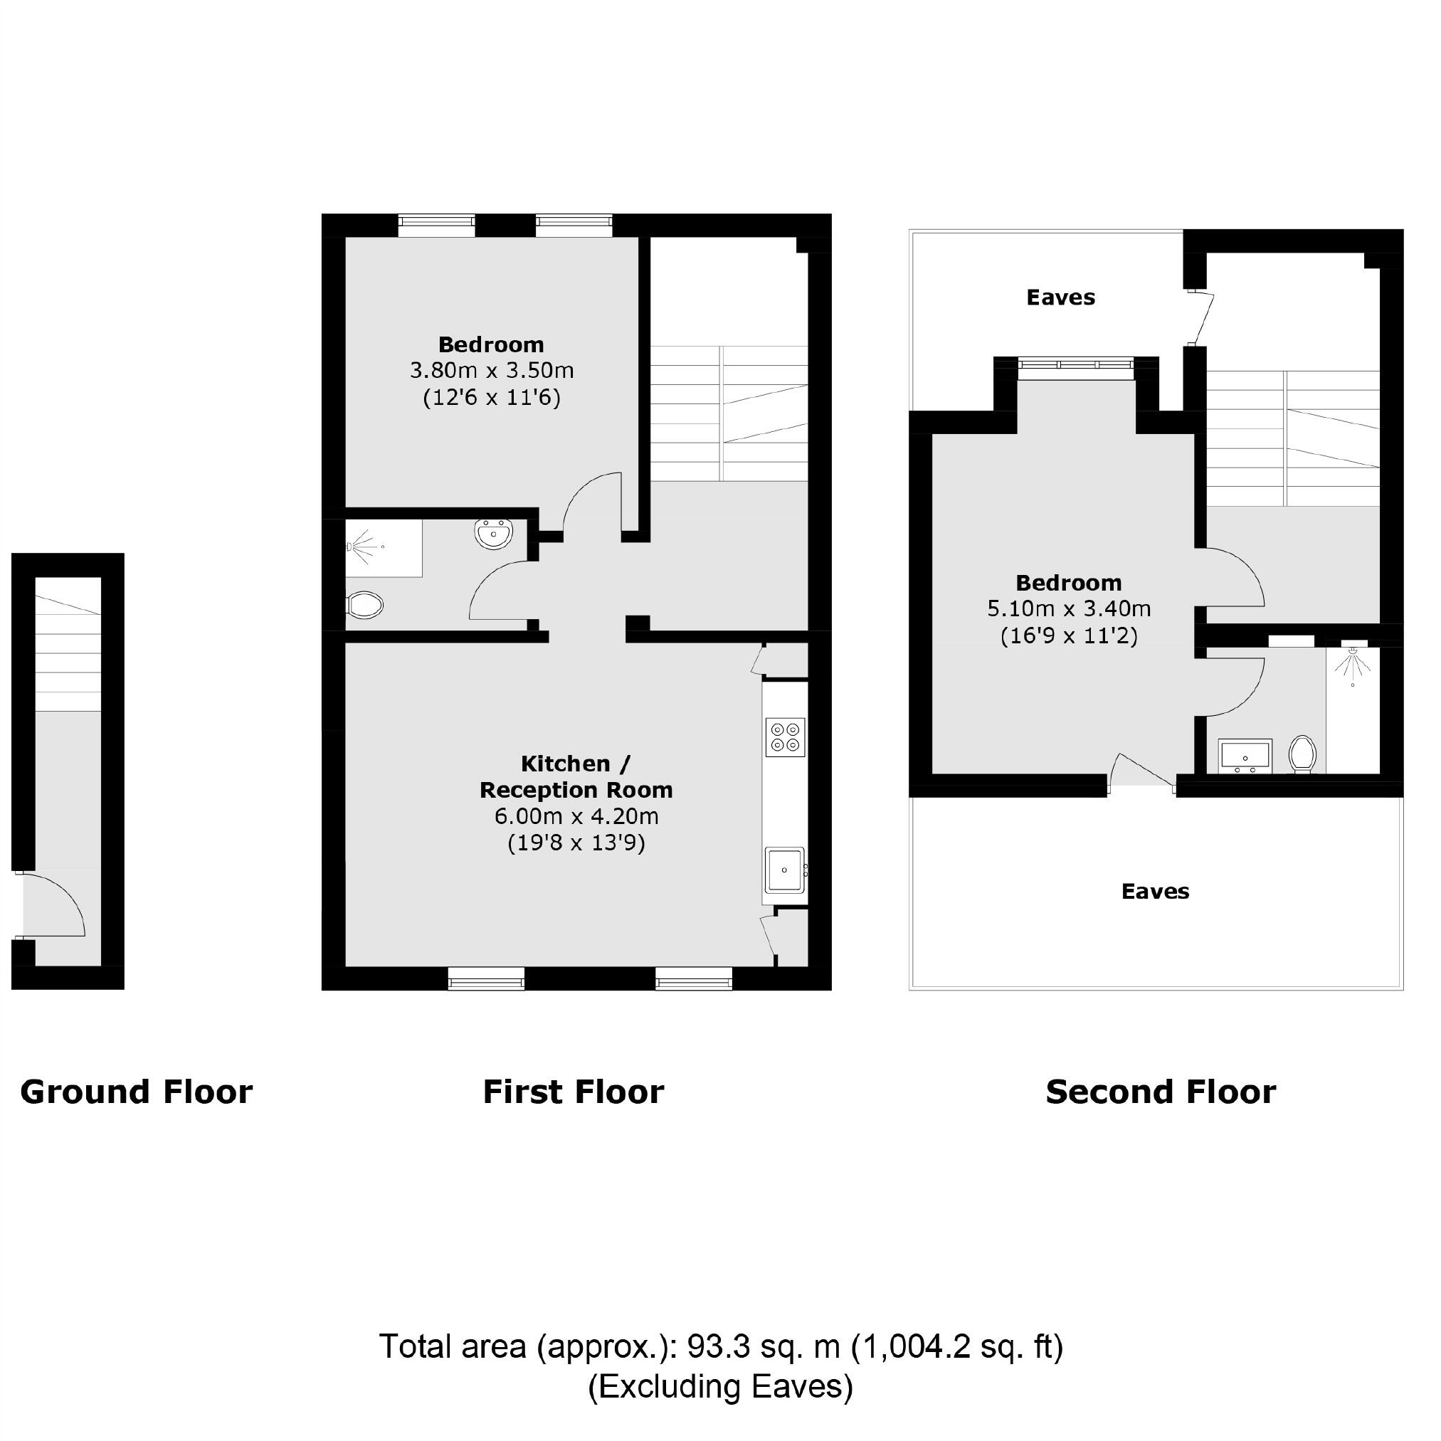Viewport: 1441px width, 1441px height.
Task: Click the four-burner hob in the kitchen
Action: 785,737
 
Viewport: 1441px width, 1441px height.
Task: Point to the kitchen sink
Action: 784,870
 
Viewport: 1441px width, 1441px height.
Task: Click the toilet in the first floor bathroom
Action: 365,605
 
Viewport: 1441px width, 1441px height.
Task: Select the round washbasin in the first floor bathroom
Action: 493,534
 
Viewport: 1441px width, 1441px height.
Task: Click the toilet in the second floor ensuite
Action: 1303,754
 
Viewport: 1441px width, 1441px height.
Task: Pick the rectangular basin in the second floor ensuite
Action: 1244,756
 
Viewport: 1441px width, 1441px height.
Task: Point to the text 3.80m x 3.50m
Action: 492,371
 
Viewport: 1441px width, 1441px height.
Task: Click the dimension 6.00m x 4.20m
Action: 576,816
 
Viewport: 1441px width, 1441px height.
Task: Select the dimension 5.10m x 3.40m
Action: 1069,608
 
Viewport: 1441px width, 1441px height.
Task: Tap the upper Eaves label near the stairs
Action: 1060,297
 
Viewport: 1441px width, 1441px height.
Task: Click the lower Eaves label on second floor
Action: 1155,892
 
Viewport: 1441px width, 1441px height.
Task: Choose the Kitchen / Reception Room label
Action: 576,776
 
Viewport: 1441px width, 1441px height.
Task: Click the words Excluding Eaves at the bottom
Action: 719,1386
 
